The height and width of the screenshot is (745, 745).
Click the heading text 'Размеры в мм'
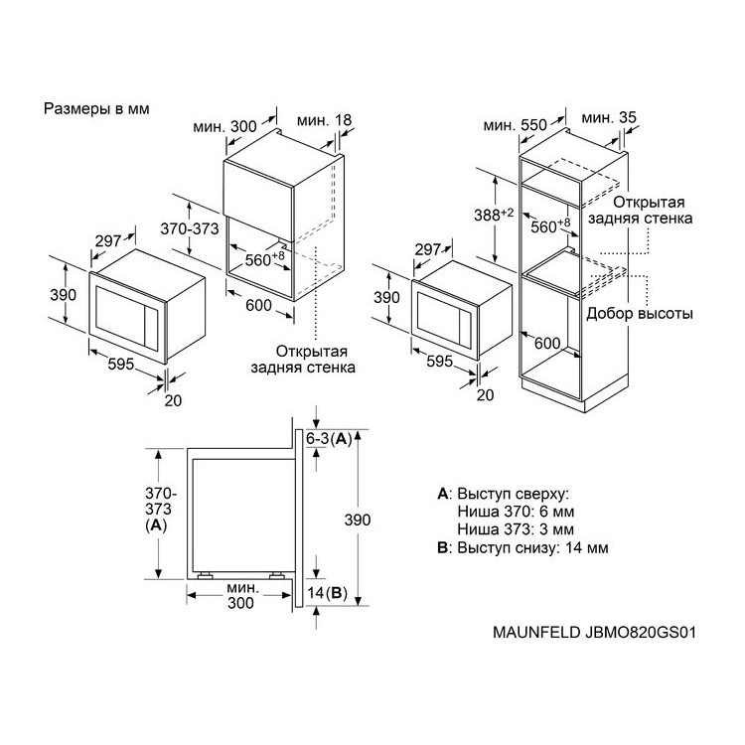point(96,109)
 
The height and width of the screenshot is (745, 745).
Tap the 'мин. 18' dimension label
point(324,120)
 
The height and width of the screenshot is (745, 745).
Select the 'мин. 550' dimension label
point(515,125)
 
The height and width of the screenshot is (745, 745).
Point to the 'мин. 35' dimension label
point(609,117)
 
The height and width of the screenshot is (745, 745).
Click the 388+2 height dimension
point(494,215)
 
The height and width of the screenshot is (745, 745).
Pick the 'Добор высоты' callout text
point(640,314)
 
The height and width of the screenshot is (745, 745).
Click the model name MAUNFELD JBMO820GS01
point(594,633)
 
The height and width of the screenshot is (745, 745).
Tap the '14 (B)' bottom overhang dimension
point(327,593)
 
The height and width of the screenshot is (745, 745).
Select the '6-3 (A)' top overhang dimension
point(329,439)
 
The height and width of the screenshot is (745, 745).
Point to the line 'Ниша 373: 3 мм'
point(516,529)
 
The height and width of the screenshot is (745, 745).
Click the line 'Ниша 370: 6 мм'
point(516,512)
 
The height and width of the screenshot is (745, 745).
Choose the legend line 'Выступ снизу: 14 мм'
point(522,547)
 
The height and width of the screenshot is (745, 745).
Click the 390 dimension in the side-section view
point(358,521)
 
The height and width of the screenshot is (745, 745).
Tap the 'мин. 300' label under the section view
point(241,595)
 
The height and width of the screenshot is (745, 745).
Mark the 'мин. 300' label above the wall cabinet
point(224,127)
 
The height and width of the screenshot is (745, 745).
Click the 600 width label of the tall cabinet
point(547,343)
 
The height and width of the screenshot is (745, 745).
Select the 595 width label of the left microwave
point(121,365)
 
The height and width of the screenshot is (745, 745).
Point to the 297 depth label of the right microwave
point(428,250)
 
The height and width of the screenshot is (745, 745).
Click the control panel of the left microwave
point(151,328)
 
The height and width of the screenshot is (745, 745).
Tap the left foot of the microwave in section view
point(205,576)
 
